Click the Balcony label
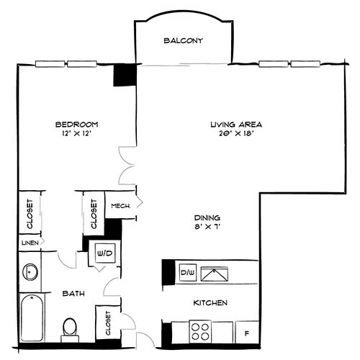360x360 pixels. pos(183,40)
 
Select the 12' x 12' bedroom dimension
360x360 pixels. pos(76,132)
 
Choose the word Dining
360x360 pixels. pos(206,217)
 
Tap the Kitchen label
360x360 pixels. pos(210,303)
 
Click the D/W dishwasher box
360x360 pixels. pos(187,273)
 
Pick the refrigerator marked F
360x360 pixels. pos(246,333)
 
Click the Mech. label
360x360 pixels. pos(120,206)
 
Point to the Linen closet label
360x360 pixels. pos(28,243)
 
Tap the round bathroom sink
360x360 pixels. pos(30,272)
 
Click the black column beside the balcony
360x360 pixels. pos(125,76)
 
